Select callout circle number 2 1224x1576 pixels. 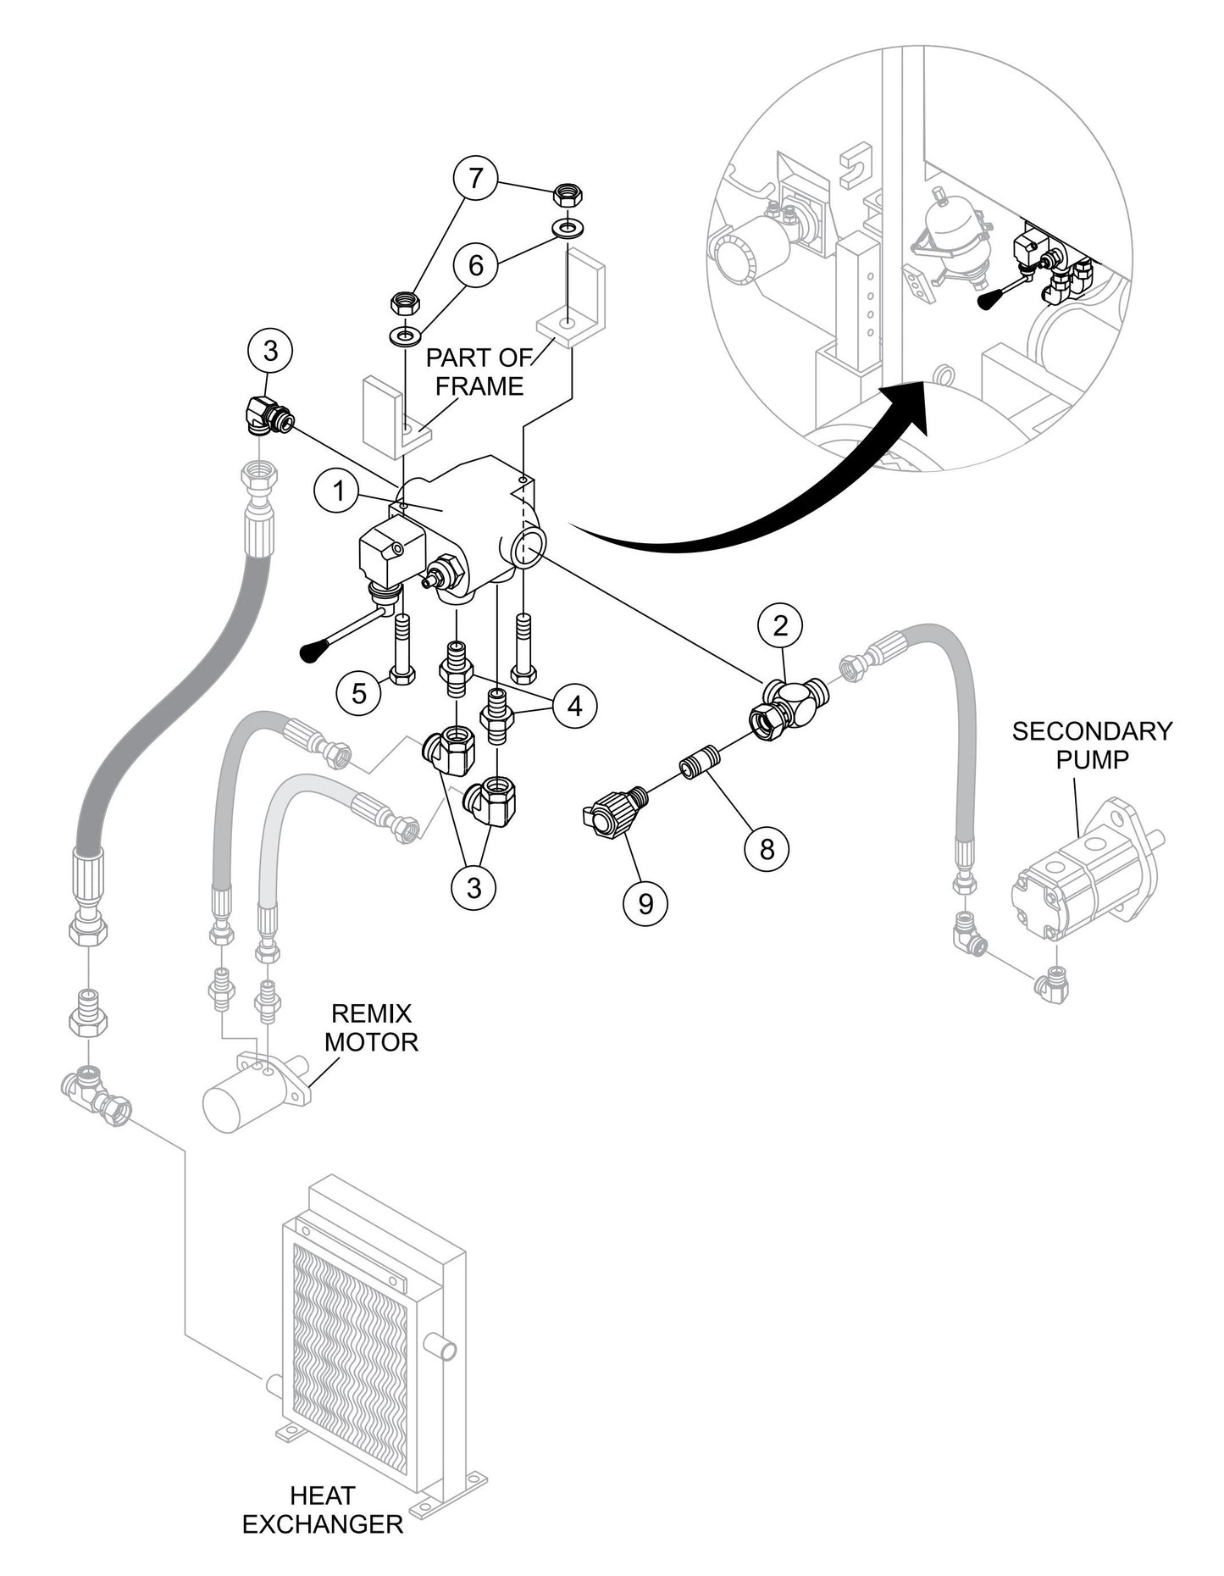pos(780,626)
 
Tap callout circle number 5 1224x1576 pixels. pos(359,693)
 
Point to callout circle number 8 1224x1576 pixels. pos(767,848)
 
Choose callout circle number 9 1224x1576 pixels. pos(645,904)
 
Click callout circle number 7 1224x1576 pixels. pos(475,179)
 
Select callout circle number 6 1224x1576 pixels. pos(475,265)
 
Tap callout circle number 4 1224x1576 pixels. pos(575,705)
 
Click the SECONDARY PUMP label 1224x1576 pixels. pos(1091,745)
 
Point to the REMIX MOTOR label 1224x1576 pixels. pos(371,1027)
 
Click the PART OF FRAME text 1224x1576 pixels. pos(479,371)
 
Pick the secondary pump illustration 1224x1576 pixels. pos(1084,873)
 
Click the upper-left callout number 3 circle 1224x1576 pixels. pos(270,350)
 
